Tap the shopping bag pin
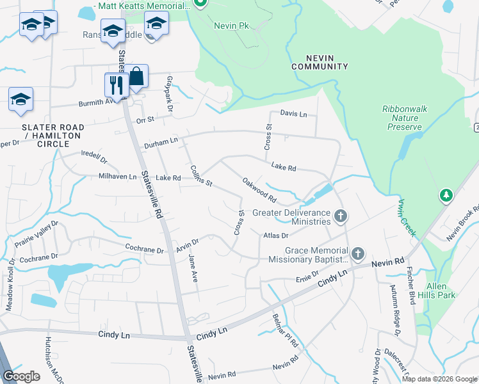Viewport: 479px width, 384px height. pos(136,77)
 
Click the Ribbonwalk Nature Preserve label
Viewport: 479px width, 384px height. pos(404,118)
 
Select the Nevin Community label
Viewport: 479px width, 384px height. pos(320,61)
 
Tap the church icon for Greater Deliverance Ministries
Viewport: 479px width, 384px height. pos(341,216)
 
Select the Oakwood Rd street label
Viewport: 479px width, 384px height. pos(259,190)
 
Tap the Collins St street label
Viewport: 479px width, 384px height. pos(201,176)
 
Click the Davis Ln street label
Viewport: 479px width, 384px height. pos(294,114)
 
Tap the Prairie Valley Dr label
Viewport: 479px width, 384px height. pos(37,234)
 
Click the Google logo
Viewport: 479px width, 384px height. pos(22,376)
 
